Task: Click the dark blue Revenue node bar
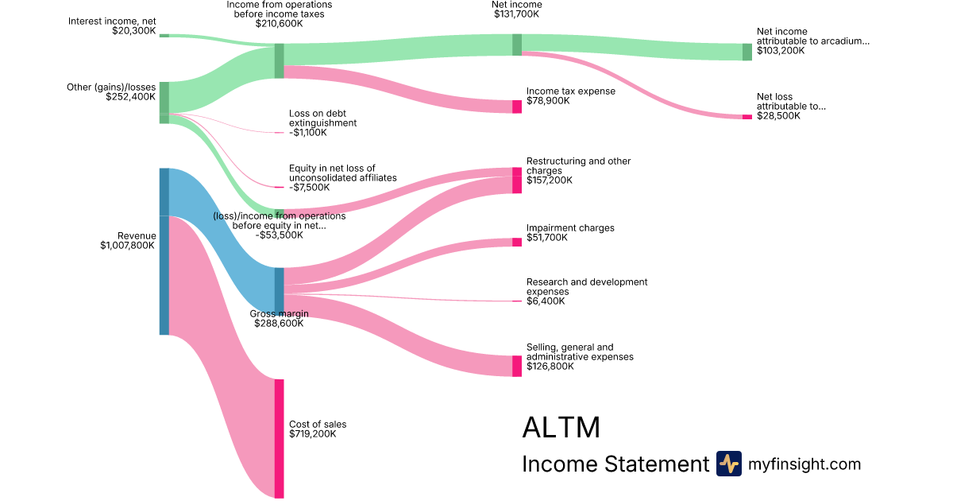[164, 251]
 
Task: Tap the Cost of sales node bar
[279, 438]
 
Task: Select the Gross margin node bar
[279, 291]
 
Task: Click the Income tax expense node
[517, 107]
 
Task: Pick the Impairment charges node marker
[517, 242]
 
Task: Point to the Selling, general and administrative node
[517, 366]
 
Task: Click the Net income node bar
[517, 45]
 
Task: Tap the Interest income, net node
[164, 35]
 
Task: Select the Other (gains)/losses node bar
[164, 102]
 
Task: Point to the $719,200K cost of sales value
[312, 434]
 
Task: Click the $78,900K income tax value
[548, 101]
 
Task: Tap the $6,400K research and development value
[547, 301]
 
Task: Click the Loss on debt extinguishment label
[322, 118]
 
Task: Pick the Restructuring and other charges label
[578, 165]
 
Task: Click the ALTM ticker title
[561, 428]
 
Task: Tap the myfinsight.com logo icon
[728, 464]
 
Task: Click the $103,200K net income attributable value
[781, 50]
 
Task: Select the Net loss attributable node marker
[747, 117]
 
